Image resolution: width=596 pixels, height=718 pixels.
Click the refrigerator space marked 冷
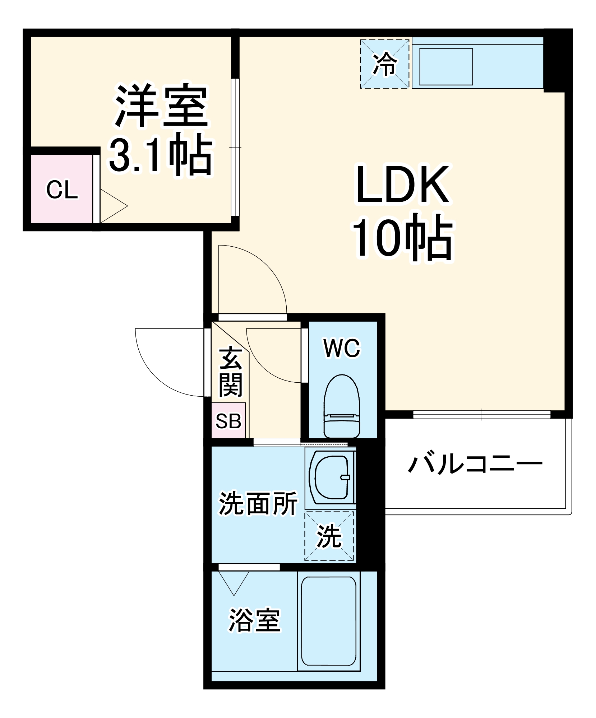384,64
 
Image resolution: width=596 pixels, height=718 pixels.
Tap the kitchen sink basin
446,67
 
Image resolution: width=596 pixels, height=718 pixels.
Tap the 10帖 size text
402,237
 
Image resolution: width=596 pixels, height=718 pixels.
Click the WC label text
341,348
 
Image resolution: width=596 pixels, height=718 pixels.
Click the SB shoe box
228,420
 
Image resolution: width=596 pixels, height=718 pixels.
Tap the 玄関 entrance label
231,372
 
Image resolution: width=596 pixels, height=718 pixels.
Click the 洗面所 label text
258,503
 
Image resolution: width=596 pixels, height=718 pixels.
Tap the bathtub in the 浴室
328,621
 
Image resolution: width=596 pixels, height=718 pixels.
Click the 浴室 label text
254,620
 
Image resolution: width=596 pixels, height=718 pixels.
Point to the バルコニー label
475,464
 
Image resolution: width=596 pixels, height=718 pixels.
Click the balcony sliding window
481,415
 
